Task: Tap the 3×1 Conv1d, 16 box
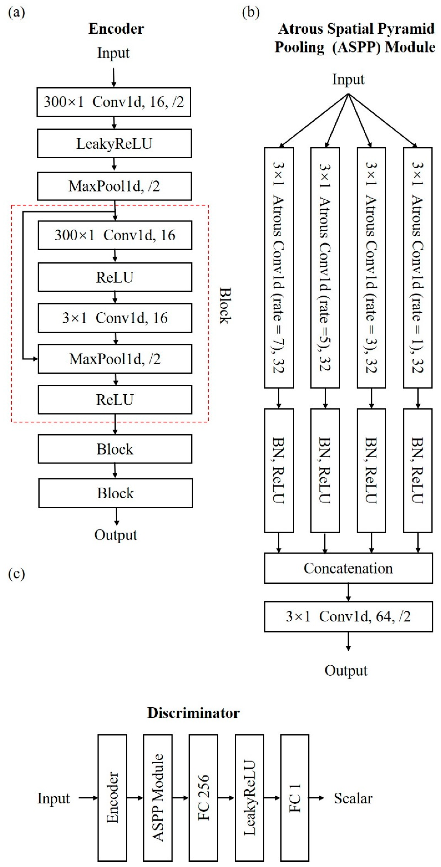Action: (115, 318)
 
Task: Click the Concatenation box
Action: (348, 568)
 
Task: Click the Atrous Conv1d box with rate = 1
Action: (417, 268)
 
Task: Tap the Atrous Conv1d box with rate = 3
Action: (371, 268)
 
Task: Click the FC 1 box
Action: (295, 798)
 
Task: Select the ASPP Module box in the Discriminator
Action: (158, 798)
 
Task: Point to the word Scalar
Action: (353, 798)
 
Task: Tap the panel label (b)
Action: (251, 13)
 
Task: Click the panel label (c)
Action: (16, 574)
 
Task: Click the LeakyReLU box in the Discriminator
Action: (249, 798)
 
